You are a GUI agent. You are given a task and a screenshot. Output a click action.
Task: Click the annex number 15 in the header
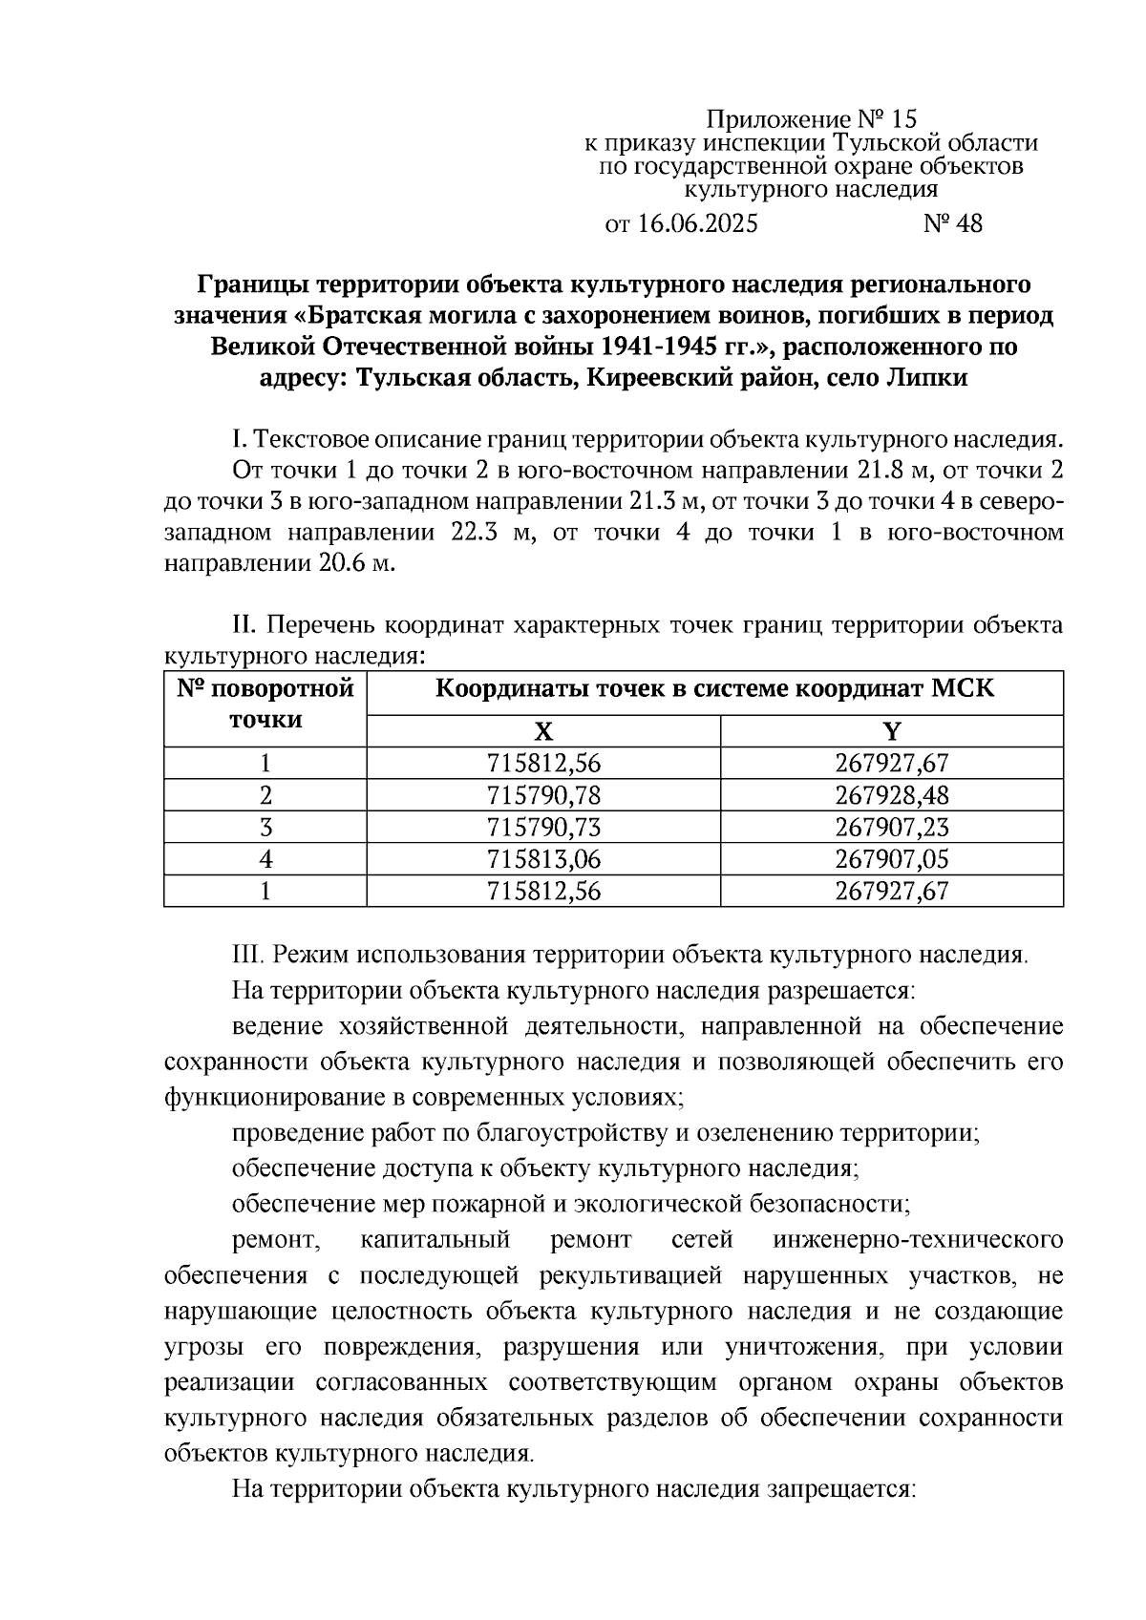point(902,119)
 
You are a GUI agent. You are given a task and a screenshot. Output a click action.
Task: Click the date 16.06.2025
point(696,223)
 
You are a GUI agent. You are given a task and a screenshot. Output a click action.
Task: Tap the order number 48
point(966,223)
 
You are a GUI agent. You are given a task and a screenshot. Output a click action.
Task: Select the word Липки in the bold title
point(924,378)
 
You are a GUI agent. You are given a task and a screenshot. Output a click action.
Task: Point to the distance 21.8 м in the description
point(889,471)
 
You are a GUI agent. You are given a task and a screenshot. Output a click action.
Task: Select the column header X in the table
point(543,731)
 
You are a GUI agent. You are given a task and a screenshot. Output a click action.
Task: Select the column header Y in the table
point(891,731)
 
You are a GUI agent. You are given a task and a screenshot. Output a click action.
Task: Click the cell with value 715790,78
point(543,795)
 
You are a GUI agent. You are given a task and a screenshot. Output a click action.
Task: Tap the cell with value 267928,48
point(891,795)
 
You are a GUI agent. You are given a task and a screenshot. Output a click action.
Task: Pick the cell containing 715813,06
point(543,859)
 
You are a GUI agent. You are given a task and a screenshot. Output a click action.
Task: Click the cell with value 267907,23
point(891,828)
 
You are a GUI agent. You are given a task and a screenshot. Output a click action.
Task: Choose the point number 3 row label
point(265,828)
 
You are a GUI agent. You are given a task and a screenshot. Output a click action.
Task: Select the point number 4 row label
point(265,859)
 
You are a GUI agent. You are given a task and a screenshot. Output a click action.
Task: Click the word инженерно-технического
point(918,1240)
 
